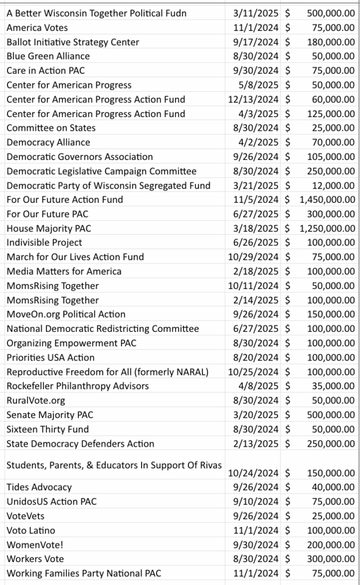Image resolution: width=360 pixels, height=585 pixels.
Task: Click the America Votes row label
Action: pyautogui.click(x=37, y=27)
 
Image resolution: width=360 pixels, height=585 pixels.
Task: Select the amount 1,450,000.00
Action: pyautogui.click(x=327, y=199)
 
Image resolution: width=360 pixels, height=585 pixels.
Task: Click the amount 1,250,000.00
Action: pyautogui.click(x=327, y=228)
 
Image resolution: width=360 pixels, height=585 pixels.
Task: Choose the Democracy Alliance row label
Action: pyautogui.click(x=48, y=142)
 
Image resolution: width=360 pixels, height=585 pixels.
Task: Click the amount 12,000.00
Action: pyautogui.click(x=333, y=185)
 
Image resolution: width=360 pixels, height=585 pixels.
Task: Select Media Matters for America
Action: pyautogui.click(x=64, y=271)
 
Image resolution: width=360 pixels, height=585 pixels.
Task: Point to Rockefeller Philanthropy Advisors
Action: pyautogui.click(x=78, y=386)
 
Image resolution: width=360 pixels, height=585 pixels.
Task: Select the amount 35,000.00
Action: pyautogui.click(x=333, y=386)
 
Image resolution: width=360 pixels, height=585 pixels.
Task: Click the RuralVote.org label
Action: pyautogui.click(x=36, y=400)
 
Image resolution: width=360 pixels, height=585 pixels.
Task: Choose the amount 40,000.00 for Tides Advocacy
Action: pyautogui.click(x=333, y=487)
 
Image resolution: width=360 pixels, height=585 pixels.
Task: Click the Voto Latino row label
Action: pyautogui.click(x=31, y=530)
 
